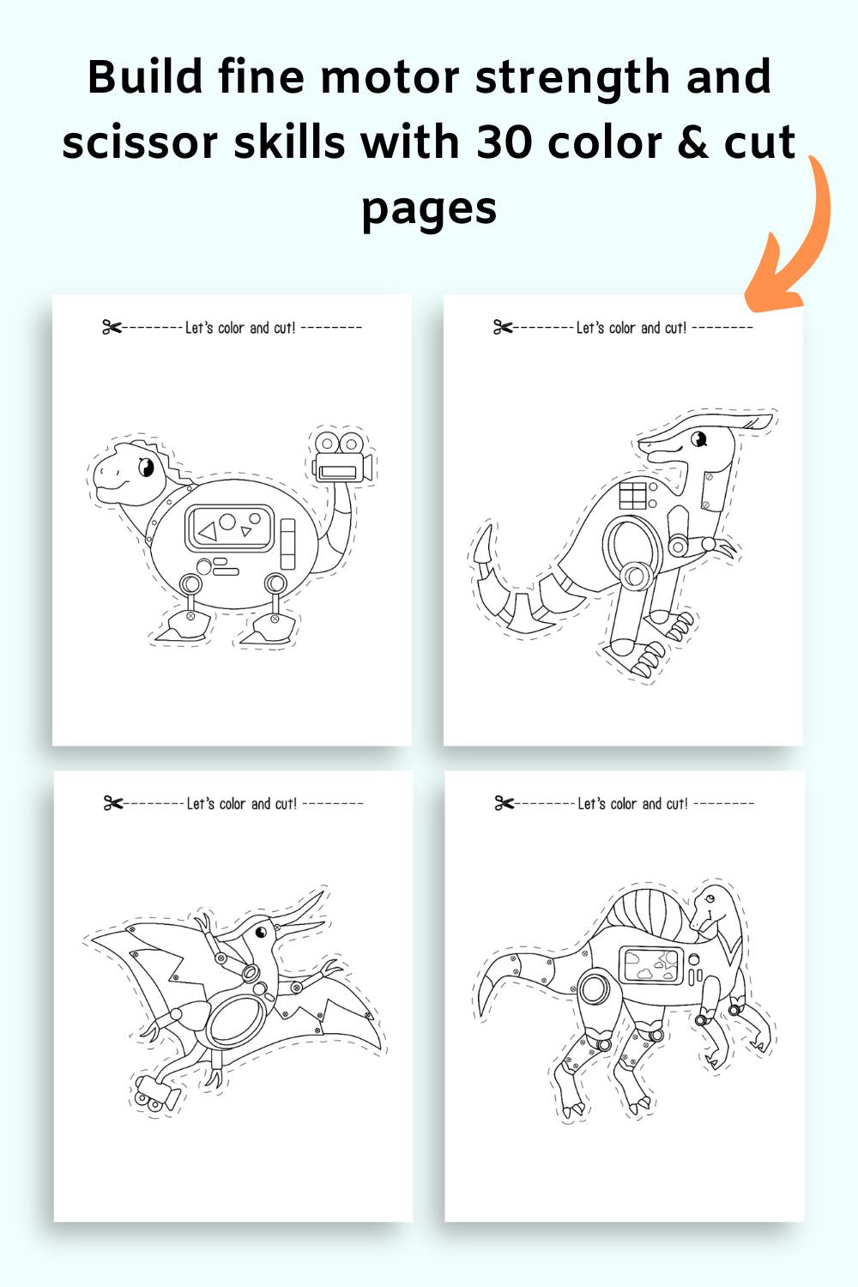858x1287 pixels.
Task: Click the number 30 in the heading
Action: coord(505,142)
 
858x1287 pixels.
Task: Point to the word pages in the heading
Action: coord(429,210)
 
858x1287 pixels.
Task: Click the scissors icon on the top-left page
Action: coord(112,328)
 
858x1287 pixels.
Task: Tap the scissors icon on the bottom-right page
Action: coord(504,803)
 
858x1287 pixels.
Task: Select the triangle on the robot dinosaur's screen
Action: coord(208,531)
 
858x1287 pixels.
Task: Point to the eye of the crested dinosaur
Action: coord(698,440)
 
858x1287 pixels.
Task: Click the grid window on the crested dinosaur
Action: coord(632,495)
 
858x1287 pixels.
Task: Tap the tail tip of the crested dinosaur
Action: coord(487,527)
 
